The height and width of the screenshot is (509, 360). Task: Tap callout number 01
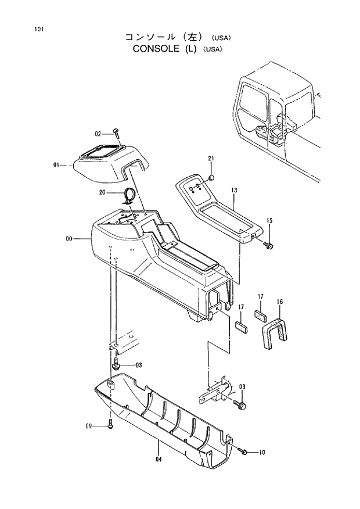click(56, 165)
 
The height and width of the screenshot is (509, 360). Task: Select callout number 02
click(98, 133)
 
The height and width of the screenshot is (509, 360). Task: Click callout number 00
click(69, 239)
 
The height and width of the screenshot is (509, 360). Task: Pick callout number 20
click(103, 192)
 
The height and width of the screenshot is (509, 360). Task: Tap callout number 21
click(211, 159)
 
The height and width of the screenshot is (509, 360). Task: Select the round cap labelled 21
click(213, 177)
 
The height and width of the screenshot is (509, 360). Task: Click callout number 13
click(234, 190)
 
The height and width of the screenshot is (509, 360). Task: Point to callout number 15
click(269, 220)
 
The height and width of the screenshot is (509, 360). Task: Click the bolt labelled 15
click(268, 246)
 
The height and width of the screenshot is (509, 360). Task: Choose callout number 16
click(280, 302)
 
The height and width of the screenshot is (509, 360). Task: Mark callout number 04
click(157, 460)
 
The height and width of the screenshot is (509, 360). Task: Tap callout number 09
click(89, 426)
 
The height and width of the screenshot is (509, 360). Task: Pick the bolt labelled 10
click(244, 451)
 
